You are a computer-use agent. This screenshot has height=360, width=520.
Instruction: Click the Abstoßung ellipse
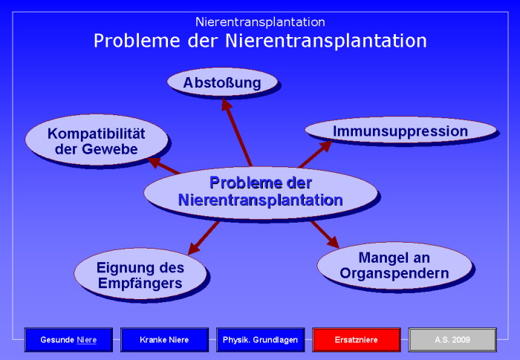(x=222, y=82)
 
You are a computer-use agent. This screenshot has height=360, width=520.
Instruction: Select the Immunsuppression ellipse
(x=400, y=131)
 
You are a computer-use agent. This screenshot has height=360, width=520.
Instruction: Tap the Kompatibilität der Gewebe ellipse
(x=96, y=141)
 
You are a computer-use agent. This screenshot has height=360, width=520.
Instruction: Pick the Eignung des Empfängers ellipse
(x=140, y=274)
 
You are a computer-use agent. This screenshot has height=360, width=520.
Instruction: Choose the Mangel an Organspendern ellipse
(x=394, y=265)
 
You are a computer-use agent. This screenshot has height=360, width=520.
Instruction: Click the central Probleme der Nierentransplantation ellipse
(x=260, y=191)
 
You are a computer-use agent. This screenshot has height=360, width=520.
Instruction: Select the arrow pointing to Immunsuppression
(x=315, y=154)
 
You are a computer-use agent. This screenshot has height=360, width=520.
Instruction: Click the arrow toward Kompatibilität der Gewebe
(x=165, y=166)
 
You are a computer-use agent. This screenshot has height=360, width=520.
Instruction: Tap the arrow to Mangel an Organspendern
(x=324, y=233)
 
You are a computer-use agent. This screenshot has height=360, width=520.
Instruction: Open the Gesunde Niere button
(x=68, y=340)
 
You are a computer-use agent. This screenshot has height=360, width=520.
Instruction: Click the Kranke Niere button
(x=164, y=340)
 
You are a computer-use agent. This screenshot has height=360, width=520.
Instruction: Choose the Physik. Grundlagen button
(x=260, y=340)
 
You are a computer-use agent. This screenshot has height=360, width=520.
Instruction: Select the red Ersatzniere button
(x=357, y=340)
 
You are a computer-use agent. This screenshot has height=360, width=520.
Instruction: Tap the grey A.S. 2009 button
(x=452, y=340)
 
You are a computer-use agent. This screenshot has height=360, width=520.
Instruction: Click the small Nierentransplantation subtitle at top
(x=260, y=22)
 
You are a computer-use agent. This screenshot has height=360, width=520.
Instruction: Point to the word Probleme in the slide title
(x=130, y=41)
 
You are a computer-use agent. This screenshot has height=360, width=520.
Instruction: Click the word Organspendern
(x=394, y=273)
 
